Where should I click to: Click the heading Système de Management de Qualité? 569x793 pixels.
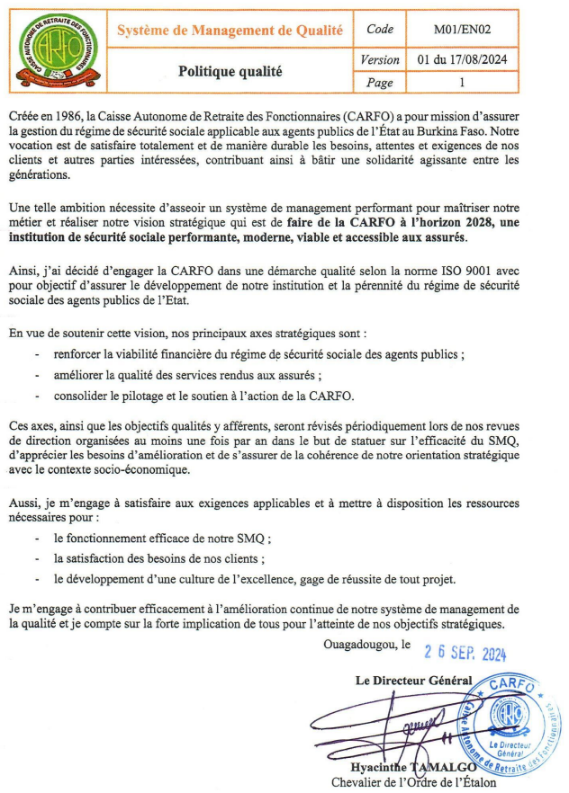[x=230, y=31]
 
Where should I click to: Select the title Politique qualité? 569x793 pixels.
[x=230, y=69]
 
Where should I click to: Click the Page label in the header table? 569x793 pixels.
[x=380, y=83]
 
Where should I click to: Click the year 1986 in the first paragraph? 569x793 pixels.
[x=77, y=118]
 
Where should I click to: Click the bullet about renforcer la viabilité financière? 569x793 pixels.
[x=259, y=354]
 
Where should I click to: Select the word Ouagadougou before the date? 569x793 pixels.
[x=360, y=644]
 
